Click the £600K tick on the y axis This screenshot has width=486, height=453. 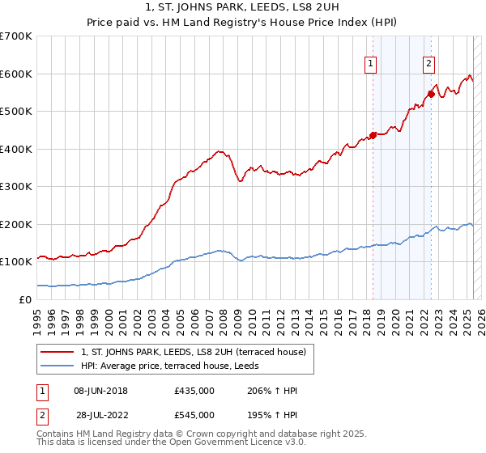click(16, 74)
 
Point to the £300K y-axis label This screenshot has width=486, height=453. click(16, 187)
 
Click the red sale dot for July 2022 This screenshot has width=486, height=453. click(432, 94)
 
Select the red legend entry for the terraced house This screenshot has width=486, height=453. click(193, 352)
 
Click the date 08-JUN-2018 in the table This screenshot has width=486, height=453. click(100, 391)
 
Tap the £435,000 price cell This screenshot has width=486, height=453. click(194, 391)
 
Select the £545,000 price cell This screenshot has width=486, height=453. click(194, 415)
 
